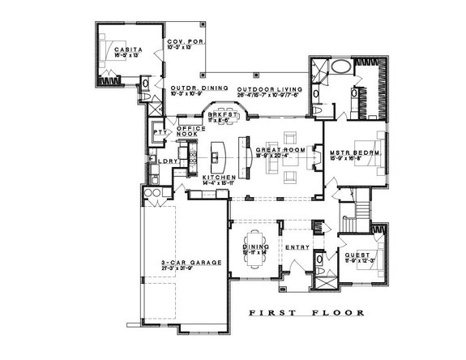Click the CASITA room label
click(124, 49)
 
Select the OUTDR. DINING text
click(192, 88)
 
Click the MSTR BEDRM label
click(355, 152)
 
